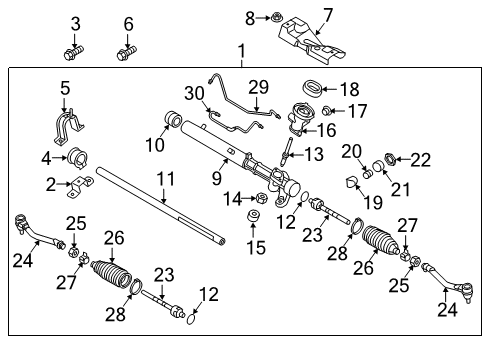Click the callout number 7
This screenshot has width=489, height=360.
tap(328, 15)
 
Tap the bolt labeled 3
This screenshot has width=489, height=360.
tap(73, 53)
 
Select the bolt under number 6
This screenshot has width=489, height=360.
tap(126, 53)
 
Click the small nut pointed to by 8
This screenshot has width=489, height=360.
tap(276, 17)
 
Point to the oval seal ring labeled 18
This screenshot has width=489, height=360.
tap(312, 88)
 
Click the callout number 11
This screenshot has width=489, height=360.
tap(165, 179)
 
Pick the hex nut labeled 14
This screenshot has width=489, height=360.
tap(262, 198)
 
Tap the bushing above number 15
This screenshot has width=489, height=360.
tap(253, 215)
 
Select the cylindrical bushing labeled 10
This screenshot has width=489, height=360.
tap(174, 120)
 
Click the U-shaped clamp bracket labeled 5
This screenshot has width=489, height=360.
tap(68, 127)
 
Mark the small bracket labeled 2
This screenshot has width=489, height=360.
tap(80, 187)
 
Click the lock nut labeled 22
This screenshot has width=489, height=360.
tap(390, 159)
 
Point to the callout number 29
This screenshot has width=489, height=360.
tap(258, 87)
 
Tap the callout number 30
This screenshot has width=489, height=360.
tap(194, 93)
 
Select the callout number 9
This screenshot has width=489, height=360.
tap(217, 178)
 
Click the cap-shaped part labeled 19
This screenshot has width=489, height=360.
tap(351, 183)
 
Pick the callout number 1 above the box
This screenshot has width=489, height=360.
tap(242, 51)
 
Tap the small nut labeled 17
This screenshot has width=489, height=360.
tap(327, 110)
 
